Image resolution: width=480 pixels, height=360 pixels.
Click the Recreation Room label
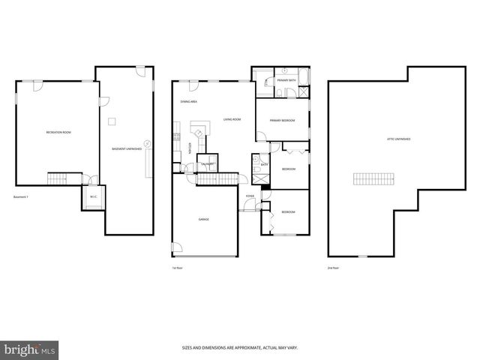tap(58, 132)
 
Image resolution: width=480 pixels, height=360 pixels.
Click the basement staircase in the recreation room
tap(59, 178)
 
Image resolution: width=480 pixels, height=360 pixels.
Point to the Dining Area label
tap(188, 101)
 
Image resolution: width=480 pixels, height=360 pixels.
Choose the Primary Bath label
tap(285, 80)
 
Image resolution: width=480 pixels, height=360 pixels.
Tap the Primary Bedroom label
tap(282, 121)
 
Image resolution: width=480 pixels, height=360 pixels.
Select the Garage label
tap(203, 219)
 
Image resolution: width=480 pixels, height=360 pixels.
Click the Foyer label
tap(250, 196)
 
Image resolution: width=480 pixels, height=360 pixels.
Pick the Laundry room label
tap(208, 163)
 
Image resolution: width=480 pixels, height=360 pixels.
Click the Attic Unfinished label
tap(398, 139)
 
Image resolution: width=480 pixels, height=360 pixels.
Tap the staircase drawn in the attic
tap(373, 178)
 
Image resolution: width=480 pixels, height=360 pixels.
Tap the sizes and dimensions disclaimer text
tap(239, 347)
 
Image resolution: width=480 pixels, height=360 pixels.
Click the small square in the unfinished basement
tap(112, 121)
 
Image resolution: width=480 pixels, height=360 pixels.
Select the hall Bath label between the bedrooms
tap(264, 164)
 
